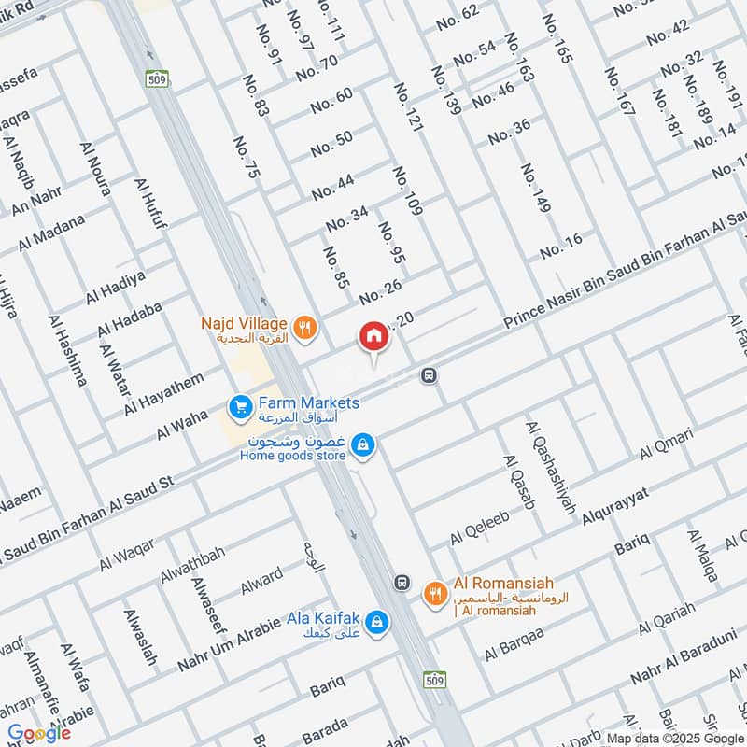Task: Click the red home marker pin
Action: click(373, 337)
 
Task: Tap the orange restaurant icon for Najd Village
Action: click(304, 327)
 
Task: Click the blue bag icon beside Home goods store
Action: click(365, 447)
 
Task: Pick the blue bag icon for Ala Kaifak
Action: click(375, 621)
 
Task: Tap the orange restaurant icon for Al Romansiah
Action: click(434, 592)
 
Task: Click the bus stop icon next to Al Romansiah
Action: click(402, 581)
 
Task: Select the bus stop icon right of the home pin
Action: click(429, 375)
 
